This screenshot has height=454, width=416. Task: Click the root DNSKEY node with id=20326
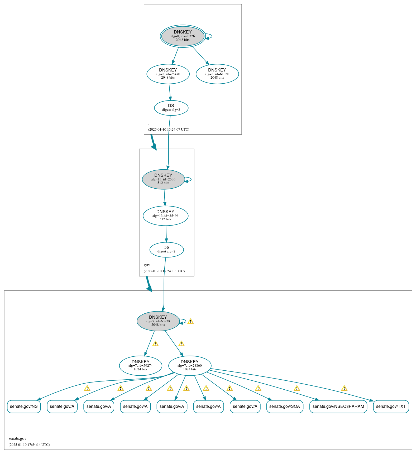pyautogui.click(x=183, y=36)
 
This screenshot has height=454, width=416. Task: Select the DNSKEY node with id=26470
pyautogui.click(x=168, y=74)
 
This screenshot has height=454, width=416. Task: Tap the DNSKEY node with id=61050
pyautogui.click(x=217, y=74)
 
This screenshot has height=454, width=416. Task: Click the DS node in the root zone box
pyautogui.click(x=171, y=108)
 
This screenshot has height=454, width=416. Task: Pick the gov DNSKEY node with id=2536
pyautogui.click(x=163, y=179)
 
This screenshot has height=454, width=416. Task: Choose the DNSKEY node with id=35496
pyautogui.click(x=165, y=216)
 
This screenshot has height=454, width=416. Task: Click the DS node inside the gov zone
pyautogui.click(x=166, y=250)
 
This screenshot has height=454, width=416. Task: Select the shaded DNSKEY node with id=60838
pyautogui.click(x=158, y=321)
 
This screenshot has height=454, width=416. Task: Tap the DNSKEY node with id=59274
pyautogui.click(x=140, y=366)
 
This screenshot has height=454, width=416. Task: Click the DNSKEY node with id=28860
pyautogui.click(x=190, y=366)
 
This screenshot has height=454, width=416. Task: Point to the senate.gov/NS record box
pyautogui.click(x=24, y=407)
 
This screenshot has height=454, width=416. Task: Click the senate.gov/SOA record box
pyautogui.click(x=284, y=407)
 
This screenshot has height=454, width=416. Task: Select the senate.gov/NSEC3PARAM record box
pyautogui.click(x=338, y=407)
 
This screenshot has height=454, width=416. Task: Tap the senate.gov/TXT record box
pyautogui.click(x=391, y=407)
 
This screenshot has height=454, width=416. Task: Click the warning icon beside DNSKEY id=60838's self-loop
pyautogui.click(x=190, y=322)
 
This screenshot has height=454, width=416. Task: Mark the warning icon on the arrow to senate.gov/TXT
pyautogui.click(x=344, y=388)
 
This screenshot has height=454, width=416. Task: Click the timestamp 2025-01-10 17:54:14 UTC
pyautogui.click(x=29, y=445)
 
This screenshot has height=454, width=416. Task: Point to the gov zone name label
pyautogui.click(x=147, y=265)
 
